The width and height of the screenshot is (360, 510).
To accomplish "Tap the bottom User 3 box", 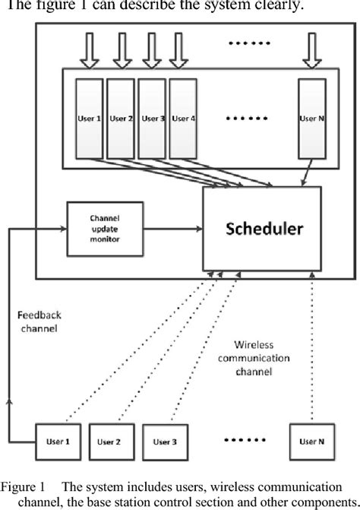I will click(x=169, y=441).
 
